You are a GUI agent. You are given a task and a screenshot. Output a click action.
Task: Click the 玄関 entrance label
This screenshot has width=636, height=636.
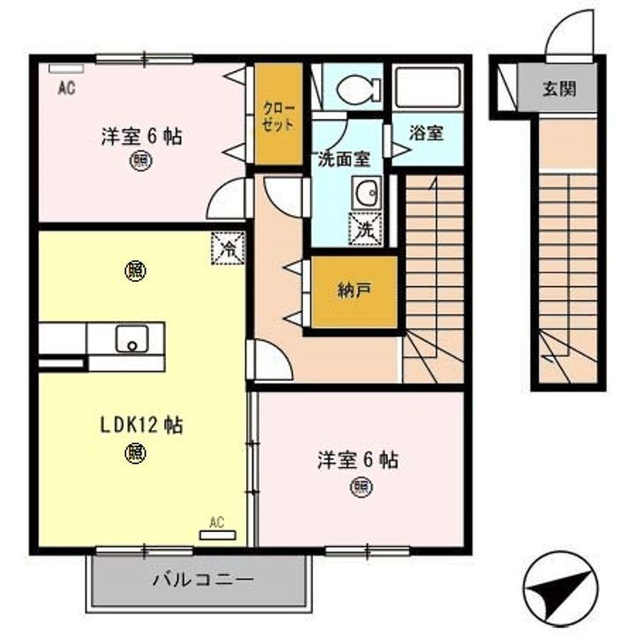pyautogui.click(x=560, y=88)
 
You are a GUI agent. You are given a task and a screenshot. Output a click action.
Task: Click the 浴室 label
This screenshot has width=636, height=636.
pyautogui.click(x=427, y=134)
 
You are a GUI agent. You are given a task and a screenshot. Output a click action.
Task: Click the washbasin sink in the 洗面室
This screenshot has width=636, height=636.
pyautogui.click(x=365, y=192)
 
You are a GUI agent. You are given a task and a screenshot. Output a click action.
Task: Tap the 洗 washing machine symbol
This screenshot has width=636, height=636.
pyautogui.click(x=366, y=228)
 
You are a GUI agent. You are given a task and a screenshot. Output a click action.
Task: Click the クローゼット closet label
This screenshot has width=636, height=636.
pyautogui.click(x=277, y=116)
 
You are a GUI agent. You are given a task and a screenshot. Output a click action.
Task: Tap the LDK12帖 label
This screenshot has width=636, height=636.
pyautogui.click(x=140, y=425)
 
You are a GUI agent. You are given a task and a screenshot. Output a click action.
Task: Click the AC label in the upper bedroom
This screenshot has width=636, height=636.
pyautogui.click(x=64, y=87)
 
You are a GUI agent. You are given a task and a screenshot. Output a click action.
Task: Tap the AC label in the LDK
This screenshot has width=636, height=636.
pyautogui.click(x=217, y=525)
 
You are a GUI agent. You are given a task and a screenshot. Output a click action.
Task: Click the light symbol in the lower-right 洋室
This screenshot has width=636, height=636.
pyautogui.click(x=360, y=486)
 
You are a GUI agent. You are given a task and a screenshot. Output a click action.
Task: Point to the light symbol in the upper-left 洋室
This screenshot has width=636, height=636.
pyautogui.click(x=140, y=161)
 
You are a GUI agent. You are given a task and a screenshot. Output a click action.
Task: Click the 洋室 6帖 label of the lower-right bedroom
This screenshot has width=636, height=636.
pyautogui.click(x=358, y=459)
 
